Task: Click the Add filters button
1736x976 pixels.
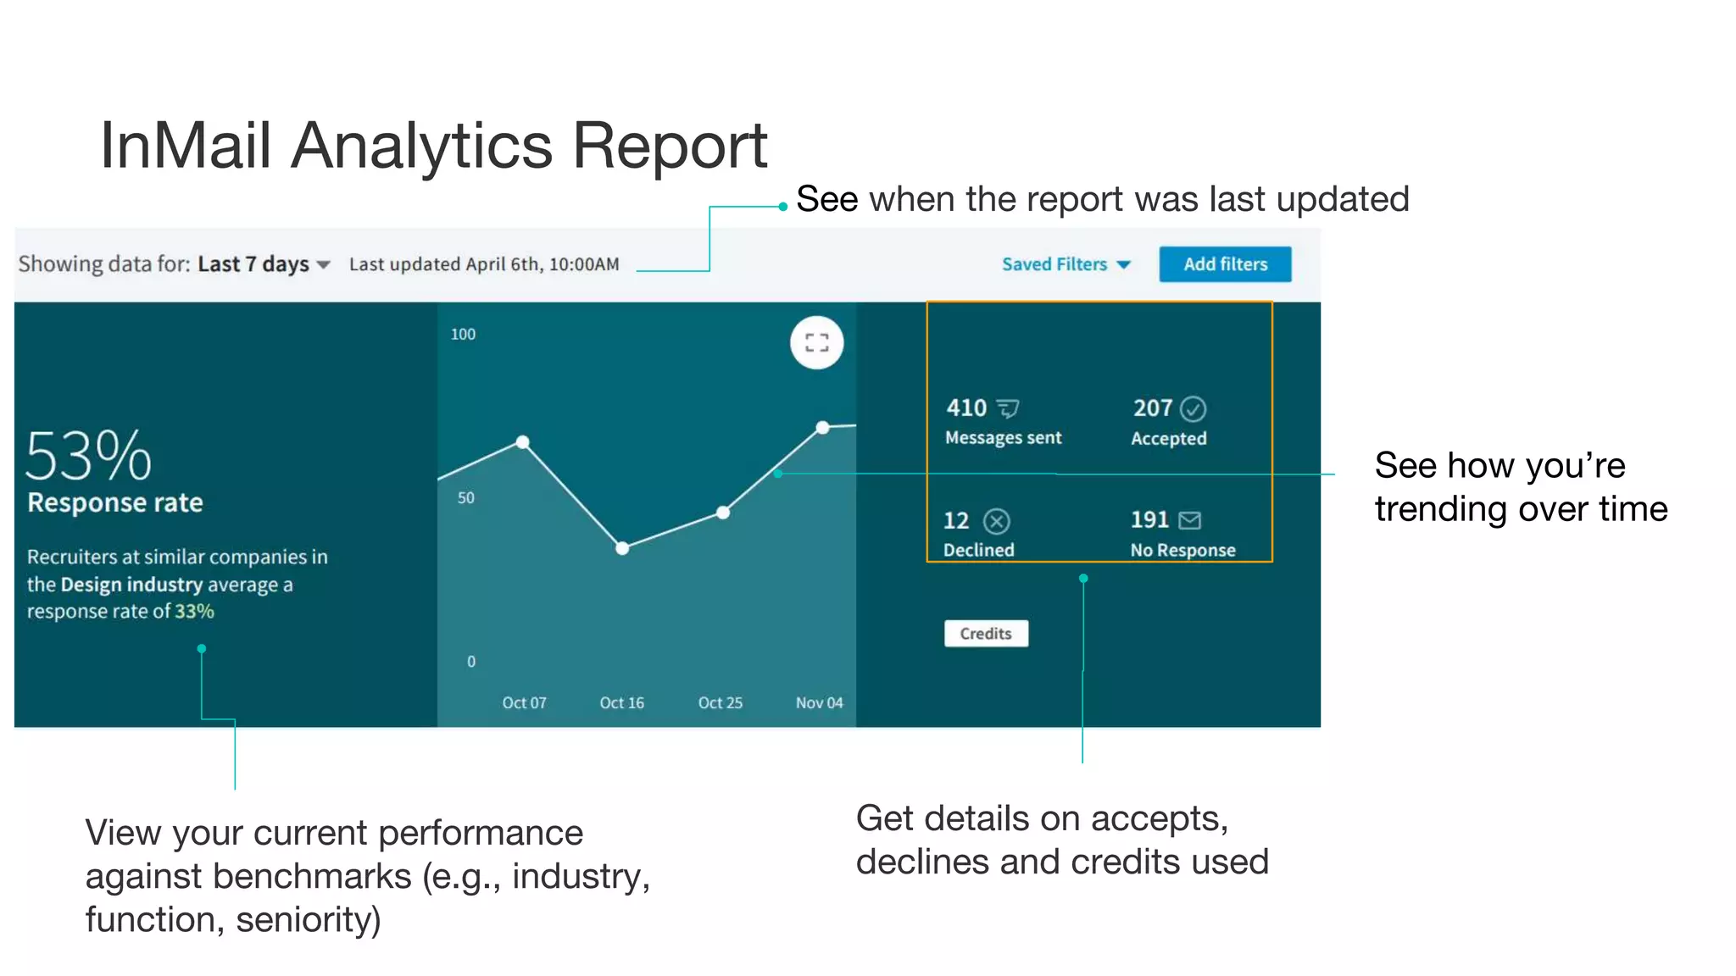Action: [x=1225, y=264]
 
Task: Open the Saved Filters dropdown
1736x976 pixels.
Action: [x=1066, y=264]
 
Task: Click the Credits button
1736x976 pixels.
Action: [x=986, y=634]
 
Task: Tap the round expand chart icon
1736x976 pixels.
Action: [x=816, y=343]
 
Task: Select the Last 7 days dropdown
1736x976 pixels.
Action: [x=263, y=264]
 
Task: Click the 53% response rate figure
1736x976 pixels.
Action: [x=88, y=456]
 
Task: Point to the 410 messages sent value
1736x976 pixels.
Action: [x=966, y=408]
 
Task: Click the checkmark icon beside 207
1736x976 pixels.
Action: [x=1193, y=409]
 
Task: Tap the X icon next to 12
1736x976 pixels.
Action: [x=997, y=521]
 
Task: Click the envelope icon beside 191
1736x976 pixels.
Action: [x=1189, y=520]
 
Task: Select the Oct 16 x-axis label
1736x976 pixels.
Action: [x=621, y=703]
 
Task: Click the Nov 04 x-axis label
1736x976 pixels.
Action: [x=819, y=703]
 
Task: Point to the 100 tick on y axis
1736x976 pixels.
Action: [x=463, y=335]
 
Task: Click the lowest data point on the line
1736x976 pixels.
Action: [x=622, y=548]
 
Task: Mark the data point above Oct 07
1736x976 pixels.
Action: [x=523, y=442]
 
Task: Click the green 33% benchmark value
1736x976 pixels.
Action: [x=194, y=612]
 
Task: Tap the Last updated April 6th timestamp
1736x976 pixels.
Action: [x=484, y=264]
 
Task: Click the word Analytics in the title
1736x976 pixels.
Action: [x=421, y=146]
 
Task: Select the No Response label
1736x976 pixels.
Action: [x=1182, y=551]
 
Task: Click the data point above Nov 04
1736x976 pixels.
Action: [x=822, y=427]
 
